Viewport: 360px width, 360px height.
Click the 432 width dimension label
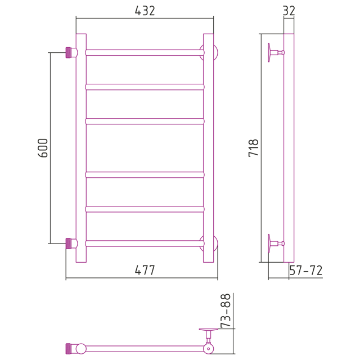[145, 11]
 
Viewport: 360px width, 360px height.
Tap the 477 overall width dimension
[145, 270]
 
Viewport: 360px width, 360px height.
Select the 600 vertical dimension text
[43, 148]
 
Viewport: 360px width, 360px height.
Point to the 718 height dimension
[254, 148]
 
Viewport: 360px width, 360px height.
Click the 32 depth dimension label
[289, 11]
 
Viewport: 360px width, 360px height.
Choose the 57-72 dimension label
[306, 270]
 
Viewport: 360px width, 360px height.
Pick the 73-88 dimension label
[225, 310]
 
